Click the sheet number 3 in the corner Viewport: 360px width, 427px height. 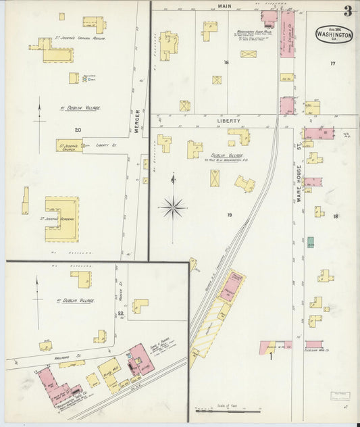347,10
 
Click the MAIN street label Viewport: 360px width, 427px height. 225,5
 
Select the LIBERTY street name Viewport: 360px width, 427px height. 228,121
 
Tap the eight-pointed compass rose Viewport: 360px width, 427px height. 174,206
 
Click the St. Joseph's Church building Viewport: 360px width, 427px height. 69,145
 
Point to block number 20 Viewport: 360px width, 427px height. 78,129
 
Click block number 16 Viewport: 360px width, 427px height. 226,63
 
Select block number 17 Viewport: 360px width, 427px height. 332,64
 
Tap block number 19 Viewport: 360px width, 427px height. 229,215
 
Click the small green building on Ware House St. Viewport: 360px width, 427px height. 310,241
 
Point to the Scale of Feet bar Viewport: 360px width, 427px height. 226,409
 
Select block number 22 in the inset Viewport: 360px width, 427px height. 121,313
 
